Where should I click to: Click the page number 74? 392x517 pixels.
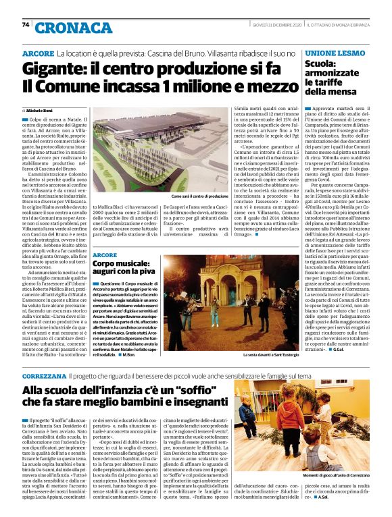coord(25,25)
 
